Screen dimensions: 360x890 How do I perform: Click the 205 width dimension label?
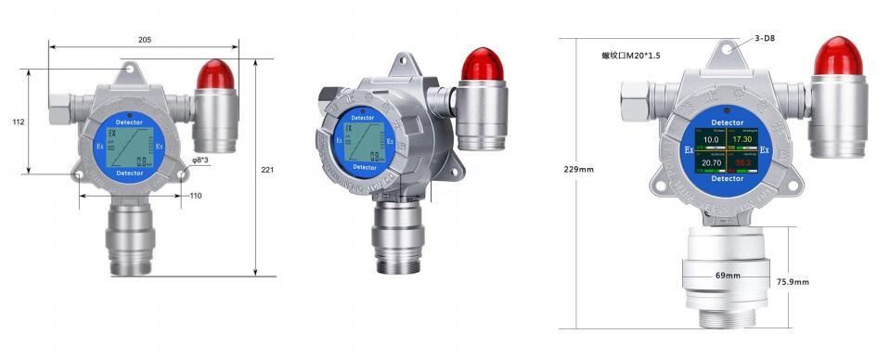144,40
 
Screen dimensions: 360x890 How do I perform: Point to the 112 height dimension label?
18,122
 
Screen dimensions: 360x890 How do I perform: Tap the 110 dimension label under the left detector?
196,195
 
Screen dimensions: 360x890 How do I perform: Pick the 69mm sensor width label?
727,276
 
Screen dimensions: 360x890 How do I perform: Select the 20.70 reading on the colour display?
712,162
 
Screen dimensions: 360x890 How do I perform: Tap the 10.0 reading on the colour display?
712,140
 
